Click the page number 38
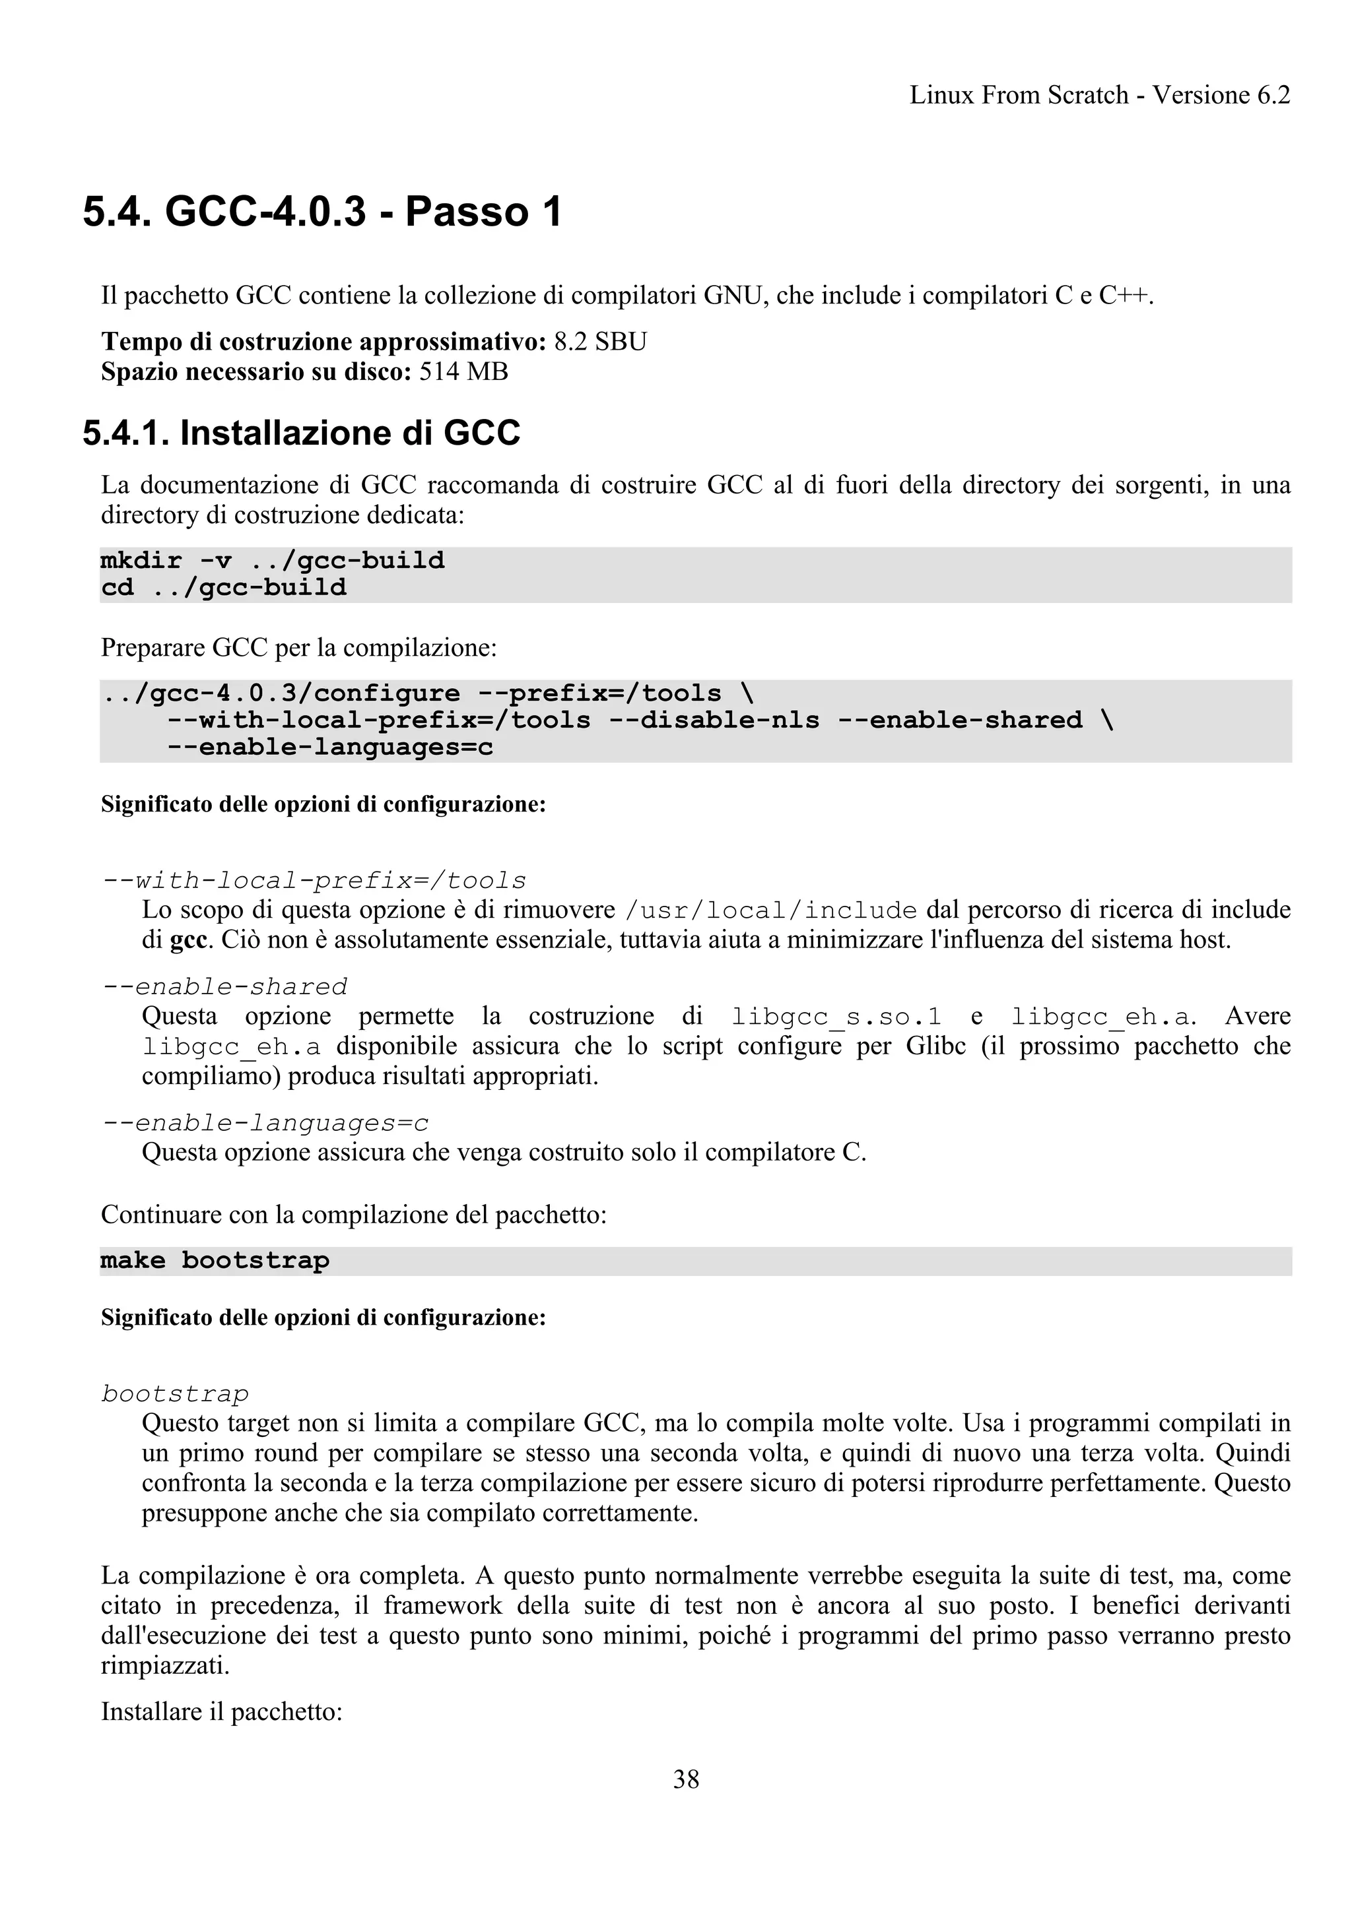coord(686,1779)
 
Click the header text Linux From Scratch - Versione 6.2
coord(1100,96)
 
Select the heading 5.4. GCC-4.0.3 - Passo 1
coord(322,212)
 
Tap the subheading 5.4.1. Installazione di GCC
coord(302,433)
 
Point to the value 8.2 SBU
coord(600,342)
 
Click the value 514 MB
coord(463,371)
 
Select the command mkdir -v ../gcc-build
coord(273,560)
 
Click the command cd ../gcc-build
coord(223,588)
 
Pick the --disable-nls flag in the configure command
coord(714,720)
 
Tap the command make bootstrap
coord(215,1261)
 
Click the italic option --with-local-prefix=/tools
coord(315,880)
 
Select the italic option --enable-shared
coord(225,987)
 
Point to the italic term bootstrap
coord(176,1394)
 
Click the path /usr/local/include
coord(770,910)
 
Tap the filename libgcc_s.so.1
coord(836,1017)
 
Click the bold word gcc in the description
coord(188,940)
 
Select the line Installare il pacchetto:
coord(222,1712)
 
